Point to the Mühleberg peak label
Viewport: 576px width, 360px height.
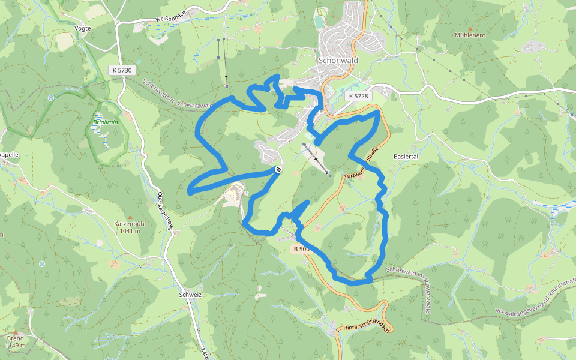[x=470, y=35]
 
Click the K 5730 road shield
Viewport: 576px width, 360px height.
[x=121, y=70]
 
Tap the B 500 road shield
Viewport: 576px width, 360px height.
[x=302, y=248]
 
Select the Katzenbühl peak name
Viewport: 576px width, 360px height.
[x=130, y=224]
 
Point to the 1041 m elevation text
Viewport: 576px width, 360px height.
[x=130, y=231]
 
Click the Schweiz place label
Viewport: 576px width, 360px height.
[x=190, y=295]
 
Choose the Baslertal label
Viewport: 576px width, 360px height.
[x=406, y=156]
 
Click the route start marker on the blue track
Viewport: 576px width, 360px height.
[x=278, y=170]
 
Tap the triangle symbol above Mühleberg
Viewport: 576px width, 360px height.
[x=470, y=28]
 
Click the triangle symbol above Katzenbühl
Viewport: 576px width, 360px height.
[x=130, y=217]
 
